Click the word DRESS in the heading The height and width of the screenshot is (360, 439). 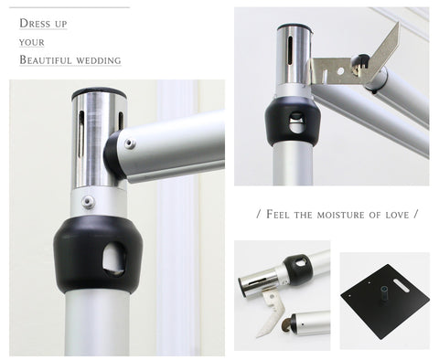[35, 23]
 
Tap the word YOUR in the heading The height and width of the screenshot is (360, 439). [32, 42]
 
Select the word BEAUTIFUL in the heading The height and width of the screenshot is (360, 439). [45, 59]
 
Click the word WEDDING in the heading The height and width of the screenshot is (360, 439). [99, 60]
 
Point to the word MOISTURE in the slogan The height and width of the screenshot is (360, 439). [340, 215]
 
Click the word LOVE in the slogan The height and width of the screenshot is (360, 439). [397, 215]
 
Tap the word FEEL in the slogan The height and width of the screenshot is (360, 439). [277, 214]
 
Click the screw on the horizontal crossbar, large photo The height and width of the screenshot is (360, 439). [130, 143]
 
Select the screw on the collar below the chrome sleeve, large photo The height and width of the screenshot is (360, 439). [88, 201]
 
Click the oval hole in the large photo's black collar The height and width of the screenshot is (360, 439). [113, 259]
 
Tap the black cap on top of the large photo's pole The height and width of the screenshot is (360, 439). [99, 93]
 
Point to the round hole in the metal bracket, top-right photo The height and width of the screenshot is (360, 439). [340, 71]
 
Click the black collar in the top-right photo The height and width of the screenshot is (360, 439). [293, 122]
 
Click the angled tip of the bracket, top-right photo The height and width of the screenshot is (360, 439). [397, 25]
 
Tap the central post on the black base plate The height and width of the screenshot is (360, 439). [384, 292]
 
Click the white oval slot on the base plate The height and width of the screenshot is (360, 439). [402, 286]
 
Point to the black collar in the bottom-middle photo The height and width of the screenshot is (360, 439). [297, 270]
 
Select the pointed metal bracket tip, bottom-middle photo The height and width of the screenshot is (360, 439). [259, 335]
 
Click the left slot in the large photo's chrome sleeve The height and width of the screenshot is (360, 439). [81, 134]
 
